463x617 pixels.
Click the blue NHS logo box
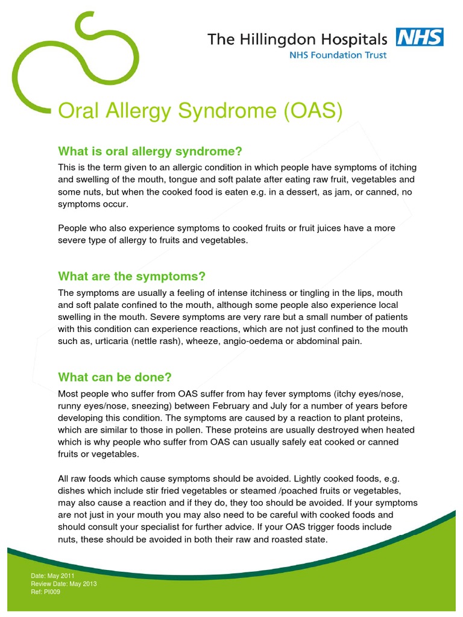420,37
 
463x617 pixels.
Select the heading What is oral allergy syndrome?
150,151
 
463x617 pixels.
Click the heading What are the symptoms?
131,276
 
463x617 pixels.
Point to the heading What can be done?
115,377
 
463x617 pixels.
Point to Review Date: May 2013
64,584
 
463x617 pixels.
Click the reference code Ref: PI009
46,592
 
